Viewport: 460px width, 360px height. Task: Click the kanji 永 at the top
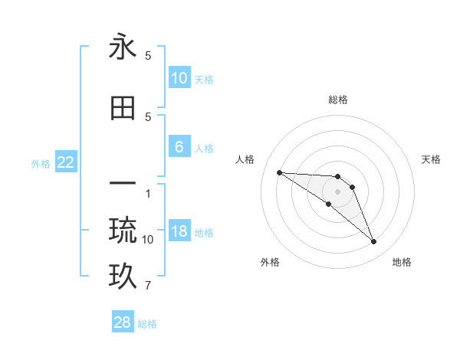(123, 47)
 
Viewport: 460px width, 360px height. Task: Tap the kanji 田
(123, 108)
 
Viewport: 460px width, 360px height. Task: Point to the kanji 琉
(123, 229)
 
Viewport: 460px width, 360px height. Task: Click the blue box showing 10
(179, 78)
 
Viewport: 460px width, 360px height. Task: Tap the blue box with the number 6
(179, 147)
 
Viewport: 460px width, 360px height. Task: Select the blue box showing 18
(179, 231)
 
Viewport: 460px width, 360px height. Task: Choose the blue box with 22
(66, 162)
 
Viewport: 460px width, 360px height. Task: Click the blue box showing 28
(123, 322)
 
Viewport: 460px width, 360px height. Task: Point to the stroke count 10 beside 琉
(148, 240)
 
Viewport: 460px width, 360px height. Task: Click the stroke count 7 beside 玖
(148, 286)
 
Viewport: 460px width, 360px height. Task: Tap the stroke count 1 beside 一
(148, 194)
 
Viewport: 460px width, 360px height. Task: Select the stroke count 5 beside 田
(148, 116)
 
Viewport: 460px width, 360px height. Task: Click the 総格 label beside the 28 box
(148, 324)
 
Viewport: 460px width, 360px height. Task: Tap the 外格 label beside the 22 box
(41, 163)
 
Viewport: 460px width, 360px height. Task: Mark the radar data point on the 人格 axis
(279, 172)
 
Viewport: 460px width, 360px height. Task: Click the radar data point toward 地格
(373, 242)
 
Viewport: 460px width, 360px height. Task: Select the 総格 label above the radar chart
(338, 100)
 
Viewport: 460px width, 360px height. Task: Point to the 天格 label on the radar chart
(432, 159)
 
